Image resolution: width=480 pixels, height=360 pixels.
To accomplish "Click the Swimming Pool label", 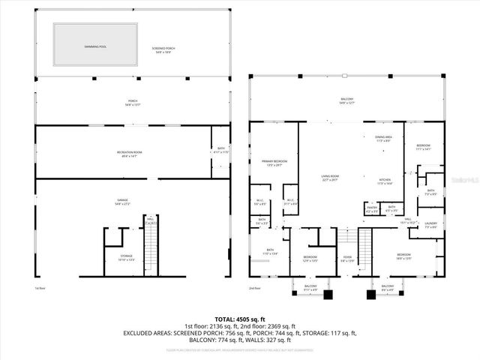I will [x=96, y=46].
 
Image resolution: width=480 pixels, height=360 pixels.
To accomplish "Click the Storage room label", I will [x=126, y=257].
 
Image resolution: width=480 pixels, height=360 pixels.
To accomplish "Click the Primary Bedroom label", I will [x=274, y=163].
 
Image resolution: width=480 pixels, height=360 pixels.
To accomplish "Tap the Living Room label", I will [x=330, y=178].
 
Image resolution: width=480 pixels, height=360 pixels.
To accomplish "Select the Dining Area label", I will [x=384, y=139].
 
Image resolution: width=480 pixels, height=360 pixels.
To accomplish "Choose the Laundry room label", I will [x=430, y=224].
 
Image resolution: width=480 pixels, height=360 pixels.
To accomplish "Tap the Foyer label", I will [x=347, y=259].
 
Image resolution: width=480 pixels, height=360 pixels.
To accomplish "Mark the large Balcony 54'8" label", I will [x=346, y=100].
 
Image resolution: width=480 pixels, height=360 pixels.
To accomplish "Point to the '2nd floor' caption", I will [x=255, y=288].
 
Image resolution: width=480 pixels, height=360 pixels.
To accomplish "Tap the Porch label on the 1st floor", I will [x=132, y=103].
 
